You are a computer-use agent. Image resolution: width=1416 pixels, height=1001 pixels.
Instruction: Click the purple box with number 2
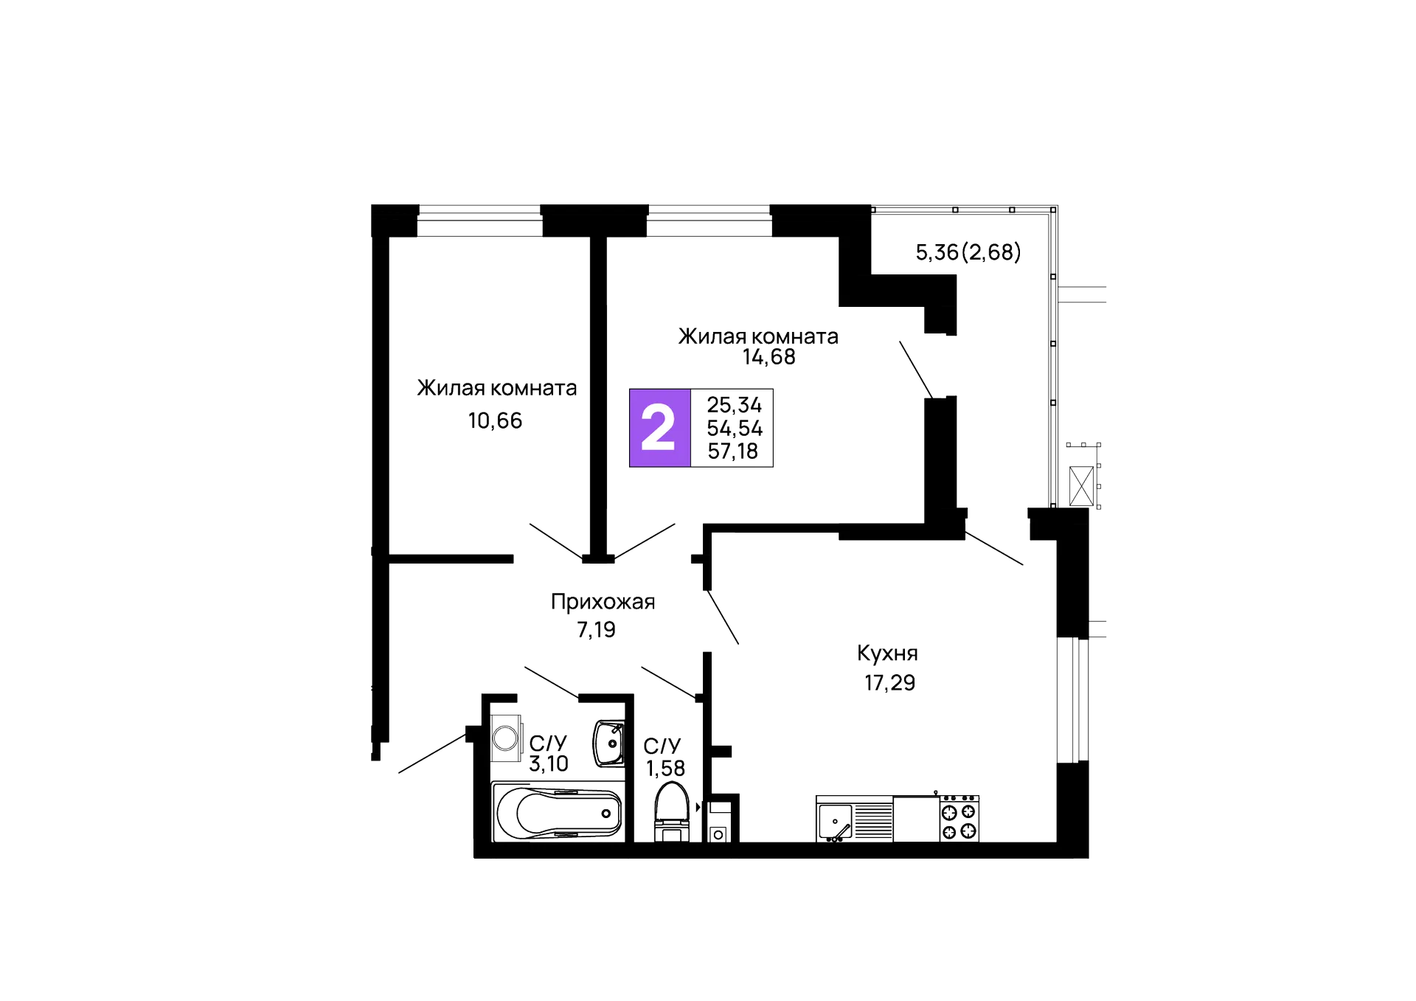pos(659,428)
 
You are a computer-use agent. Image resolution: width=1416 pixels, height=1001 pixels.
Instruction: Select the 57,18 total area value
pos(734,451)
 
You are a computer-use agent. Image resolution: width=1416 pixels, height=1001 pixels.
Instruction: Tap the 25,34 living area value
pos(734,404)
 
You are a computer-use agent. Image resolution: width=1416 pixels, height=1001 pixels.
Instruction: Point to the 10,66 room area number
pos(495,421)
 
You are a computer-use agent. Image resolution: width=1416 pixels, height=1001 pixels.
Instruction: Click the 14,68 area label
pos(769,358)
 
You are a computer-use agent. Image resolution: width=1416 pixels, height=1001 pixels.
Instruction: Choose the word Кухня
pos(887,654)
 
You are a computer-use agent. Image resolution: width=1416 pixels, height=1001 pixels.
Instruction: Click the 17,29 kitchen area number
pos(889,683)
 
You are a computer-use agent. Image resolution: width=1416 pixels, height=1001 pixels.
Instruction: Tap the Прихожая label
pos(602,603)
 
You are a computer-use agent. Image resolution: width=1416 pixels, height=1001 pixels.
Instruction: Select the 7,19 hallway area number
pos(597,630)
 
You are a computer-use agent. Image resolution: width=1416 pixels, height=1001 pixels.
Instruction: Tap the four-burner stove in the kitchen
pos(959,819)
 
